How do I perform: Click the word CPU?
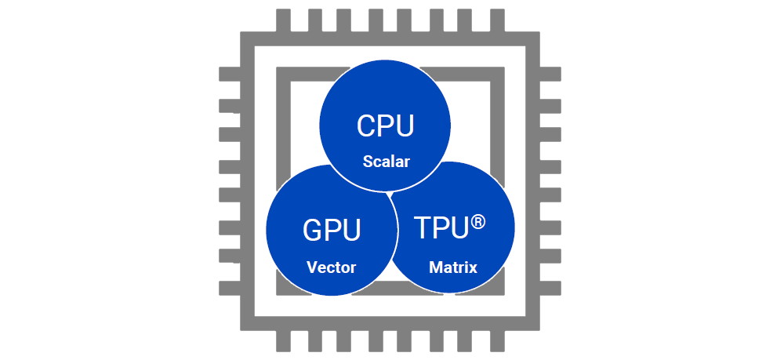(x=384, y=126)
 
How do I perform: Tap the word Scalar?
(x=387, y=163)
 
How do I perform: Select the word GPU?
(x=332, y=231)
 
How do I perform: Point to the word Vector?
(x=331, y=267)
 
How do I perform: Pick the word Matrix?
(x=453, y=267)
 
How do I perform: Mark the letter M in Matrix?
(x=435, y=267)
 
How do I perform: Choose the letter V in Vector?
(x=311, y=267)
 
